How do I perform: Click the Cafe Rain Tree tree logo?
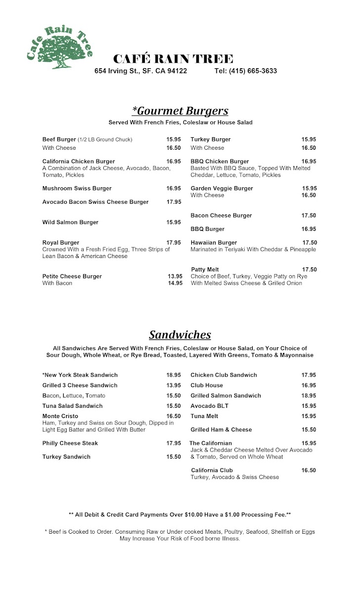click(58, 48)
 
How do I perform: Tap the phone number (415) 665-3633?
click(246, 71)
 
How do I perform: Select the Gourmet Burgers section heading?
click(180, 110)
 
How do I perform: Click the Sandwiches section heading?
click(180, 335)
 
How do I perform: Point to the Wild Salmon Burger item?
click(70, 222)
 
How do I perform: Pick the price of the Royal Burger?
click(174, 243)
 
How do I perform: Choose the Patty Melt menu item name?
click(205, 269)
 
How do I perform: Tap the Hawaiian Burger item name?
click(214, 243)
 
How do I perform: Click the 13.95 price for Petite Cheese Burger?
click(175, 276)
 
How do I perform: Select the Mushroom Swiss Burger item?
click(77, 188)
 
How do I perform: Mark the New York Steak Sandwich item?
click(80, 375)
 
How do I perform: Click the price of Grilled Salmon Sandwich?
click(309, 395)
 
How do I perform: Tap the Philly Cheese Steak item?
click(70, 443)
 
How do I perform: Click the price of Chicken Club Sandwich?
click(309, 375)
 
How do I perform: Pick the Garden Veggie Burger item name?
click(222, 188)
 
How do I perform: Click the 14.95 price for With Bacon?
click(175, 283)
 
